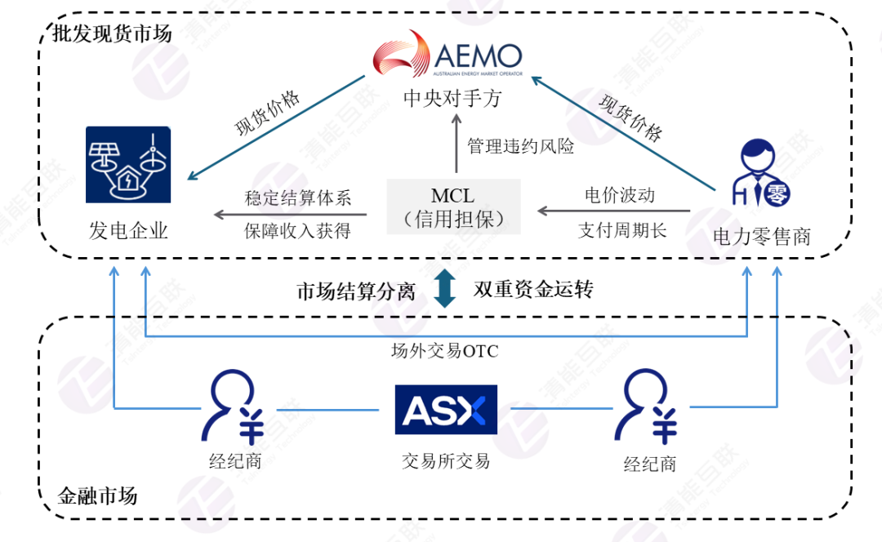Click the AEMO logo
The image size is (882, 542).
(x=447, y=57)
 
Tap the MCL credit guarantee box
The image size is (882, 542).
(x=452, y=207)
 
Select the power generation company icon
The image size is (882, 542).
(x=128, y=164)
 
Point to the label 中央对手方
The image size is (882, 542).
(x=452, y=99)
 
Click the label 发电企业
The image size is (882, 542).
(x=128, y=230)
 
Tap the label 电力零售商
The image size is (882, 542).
(x=761, y=237)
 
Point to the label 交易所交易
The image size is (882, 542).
(x=445, y=461)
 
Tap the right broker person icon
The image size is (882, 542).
(x=649, y=408)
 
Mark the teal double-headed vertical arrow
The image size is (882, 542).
(x=445, y=289)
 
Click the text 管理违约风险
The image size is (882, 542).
(x=520, y=147)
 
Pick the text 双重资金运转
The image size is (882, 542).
(x=533, y=289)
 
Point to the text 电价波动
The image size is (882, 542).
(x=620, y=196)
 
